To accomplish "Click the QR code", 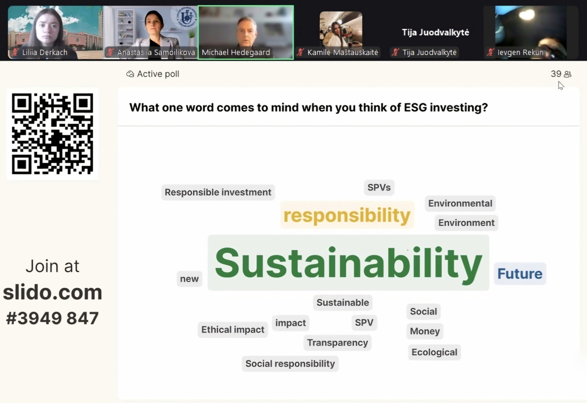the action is (52, 134).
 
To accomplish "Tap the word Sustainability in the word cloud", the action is (348, 263).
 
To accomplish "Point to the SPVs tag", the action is (379, 187).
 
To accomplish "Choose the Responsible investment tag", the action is (218, 192).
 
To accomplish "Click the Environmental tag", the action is (460, 203).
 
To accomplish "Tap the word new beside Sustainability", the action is (189, 279).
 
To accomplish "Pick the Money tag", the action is (425, 331).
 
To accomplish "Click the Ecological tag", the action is (434, 352).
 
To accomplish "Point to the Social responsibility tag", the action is (290, 364).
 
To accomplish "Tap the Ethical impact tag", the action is (233, 330).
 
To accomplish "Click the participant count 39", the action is (556, 74).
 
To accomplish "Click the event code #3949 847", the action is (52, 318).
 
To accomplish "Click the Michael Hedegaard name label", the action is (236, 52).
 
